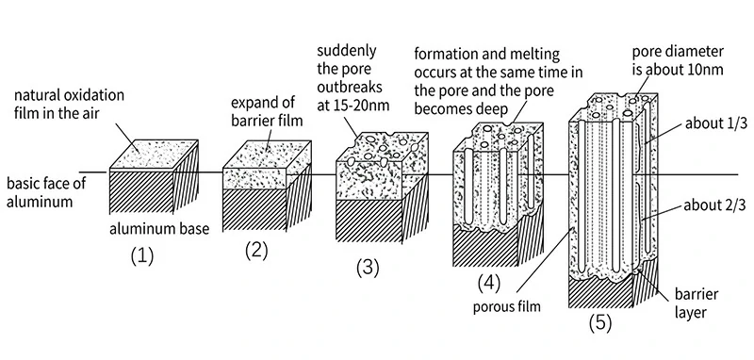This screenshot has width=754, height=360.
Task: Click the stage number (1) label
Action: pyautogui.click(x=142, y=256)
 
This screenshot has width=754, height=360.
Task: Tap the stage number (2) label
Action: pyautogui.click(x=256, y=251)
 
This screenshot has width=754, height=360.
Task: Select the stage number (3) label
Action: pyautogui.click(x=368, y=268)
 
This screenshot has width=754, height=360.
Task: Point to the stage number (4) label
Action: pyautogui.click(x=488, y=284)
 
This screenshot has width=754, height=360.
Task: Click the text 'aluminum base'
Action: pyautogui.click(x=159, y=229)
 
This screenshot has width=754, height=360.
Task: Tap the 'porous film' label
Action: pyautogui.click(x=506, y=306)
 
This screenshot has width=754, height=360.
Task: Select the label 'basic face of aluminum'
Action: pyautogui.click(x=41, y=192)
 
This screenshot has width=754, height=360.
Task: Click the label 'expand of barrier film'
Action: pyautogui.click(x=268, y=111)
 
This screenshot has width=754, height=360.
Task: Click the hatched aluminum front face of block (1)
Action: pyautogui.click(x=141, y=193)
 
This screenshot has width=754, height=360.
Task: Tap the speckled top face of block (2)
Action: pyautogui.click(x=268, y=155)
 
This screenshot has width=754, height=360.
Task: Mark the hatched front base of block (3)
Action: pyautogui.click(x=369, y=220)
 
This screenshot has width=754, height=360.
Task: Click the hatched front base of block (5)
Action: pyautogui.click(x=600, y=292)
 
